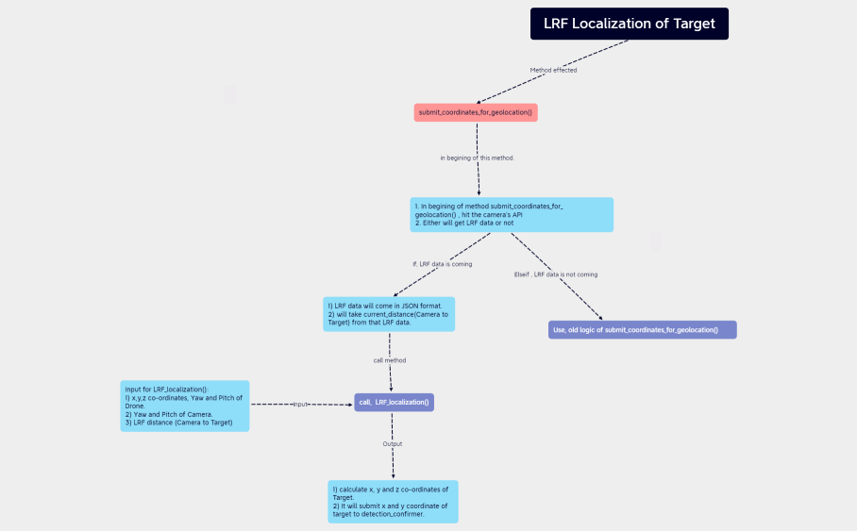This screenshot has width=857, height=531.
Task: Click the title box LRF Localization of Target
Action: point(629,24)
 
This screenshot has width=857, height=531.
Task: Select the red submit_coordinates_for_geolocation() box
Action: point(476,112)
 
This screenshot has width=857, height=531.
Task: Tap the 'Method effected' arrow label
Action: point(553,70)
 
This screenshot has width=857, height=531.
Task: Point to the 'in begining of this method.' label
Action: point(478,158)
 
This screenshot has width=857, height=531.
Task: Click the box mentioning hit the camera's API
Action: point(512,214)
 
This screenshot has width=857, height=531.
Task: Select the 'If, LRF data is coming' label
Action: point(442,263)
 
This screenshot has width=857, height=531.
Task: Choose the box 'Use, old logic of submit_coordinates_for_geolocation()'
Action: point(642,330)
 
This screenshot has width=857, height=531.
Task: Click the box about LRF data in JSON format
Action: point(389,314)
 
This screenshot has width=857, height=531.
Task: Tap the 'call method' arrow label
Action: point(390,360)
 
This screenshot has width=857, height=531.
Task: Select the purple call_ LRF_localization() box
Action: point(394,403)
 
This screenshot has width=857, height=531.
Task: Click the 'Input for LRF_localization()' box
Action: point(186,406)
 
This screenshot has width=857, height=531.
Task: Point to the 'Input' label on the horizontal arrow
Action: point(301,404)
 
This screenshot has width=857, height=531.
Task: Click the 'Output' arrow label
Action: point(393,443)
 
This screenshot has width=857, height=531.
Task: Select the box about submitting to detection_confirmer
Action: point(392,502)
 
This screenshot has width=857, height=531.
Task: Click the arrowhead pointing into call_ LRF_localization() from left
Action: point(350,405)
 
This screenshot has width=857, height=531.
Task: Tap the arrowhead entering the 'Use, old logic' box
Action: point(599,318)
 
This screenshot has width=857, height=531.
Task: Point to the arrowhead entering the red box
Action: point(479,101)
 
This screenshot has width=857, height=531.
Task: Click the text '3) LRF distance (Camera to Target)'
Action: point(178,423)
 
